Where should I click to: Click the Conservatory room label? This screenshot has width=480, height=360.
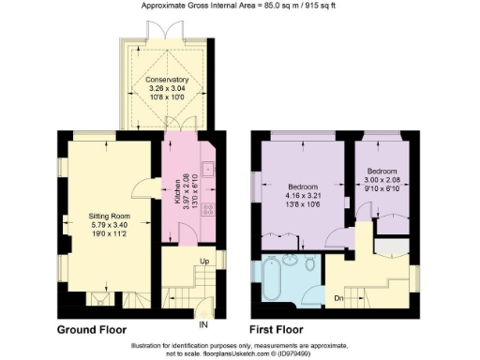[x=166, y=80]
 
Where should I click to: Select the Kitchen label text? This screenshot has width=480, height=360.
[x=178, y=193]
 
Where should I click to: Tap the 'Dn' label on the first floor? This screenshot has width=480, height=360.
[x=339, y=299]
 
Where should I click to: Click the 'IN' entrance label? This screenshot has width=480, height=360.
[x=202, y=313]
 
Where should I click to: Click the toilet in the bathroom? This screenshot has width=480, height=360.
[x=310, y=264]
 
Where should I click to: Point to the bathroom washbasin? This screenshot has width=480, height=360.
[x=288, y=259]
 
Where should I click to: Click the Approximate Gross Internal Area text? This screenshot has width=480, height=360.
[x=240, y=6]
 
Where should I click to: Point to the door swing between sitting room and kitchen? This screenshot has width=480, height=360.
[x=141, y=187]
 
